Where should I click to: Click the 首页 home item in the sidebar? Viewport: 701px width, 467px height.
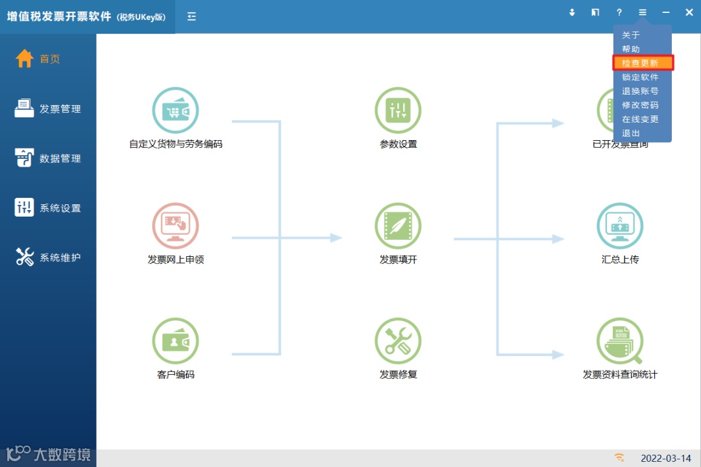pos(39,59)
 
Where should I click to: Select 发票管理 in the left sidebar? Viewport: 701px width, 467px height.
pos(48,109)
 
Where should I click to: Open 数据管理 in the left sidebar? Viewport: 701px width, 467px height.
pos(48,158)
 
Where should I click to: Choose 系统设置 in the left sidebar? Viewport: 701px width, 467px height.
pos(48,208)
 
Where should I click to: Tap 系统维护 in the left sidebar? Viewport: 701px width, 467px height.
pos(48,257)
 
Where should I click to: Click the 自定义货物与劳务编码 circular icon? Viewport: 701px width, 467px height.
pos(175,111)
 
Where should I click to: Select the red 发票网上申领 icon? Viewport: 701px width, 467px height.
pos(175,226)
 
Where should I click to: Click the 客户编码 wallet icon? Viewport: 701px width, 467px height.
pos(175,341)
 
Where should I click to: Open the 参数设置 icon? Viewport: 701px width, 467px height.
pos(398,111)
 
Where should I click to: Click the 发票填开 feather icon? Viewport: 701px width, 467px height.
pos(398,226)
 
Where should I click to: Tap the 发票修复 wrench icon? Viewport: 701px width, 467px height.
pos(398,341)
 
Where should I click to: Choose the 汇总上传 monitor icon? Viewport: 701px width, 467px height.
pos(620,226)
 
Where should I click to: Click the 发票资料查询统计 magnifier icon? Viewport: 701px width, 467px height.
pos(620,341)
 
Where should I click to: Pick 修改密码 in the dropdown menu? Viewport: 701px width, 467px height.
pos(640,105)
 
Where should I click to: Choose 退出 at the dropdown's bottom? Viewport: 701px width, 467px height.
pos(631,133)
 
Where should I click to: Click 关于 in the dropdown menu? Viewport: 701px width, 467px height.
pos(631,35)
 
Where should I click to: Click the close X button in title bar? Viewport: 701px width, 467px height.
pos(689,12)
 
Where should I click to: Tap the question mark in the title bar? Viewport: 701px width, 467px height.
pos(619,12)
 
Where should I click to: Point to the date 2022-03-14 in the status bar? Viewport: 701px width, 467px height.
pos(665,459)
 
